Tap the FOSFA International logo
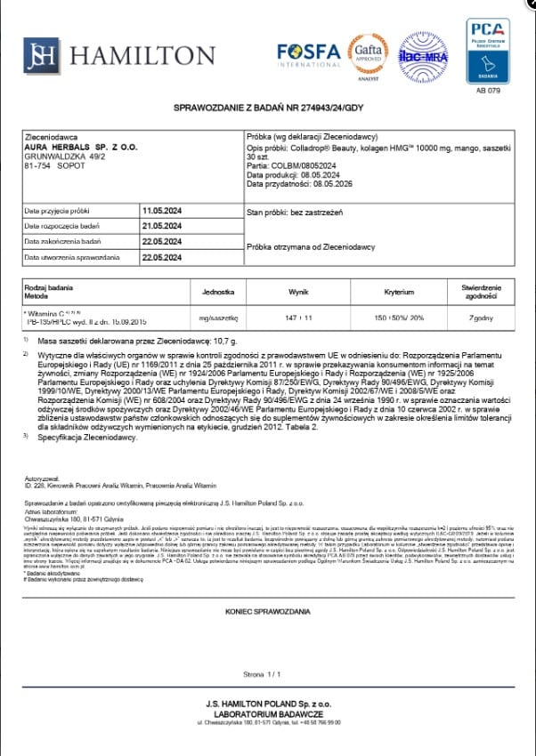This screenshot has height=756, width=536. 309,55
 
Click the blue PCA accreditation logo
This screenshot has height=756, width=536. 488,51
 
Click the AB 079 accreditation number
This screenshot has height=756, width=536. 488,91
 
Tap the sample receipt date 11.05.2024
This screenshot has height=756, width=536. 161,211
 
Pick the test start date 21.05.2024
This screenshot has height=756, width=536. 161,226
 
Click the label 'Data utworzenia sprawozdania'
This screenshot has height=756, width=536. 71,257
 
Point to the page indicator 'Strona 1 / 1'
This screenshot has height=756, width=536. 266,676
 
